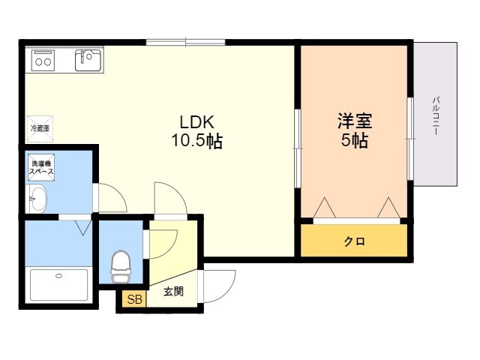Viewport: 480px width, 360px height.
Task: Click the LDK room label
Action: point(197,121)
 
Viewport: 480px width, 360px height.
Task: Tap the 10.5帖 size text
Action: point(198,140)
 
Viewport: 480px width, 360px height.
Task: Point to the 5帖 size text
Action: point(355,140)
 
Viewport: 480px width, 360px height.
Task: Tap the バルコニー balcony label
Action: point(436,115)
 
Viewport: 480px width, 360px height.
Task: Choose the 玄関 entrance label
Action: point(173,291)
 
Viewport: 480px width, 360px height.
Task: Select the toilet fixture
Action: point(120,263)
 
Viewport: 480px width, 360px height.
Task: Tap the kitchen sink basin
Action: point(88,58)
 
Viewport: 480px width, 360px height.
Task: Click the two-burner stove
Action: point(41,59)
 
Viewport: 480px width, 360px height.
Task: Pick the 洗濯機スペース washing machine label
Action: point(41,167)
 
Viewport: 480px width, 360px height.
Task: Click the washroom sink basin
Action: point(37,199)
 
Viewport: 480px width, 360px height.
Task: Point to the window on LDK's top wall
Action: point(185,41)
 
